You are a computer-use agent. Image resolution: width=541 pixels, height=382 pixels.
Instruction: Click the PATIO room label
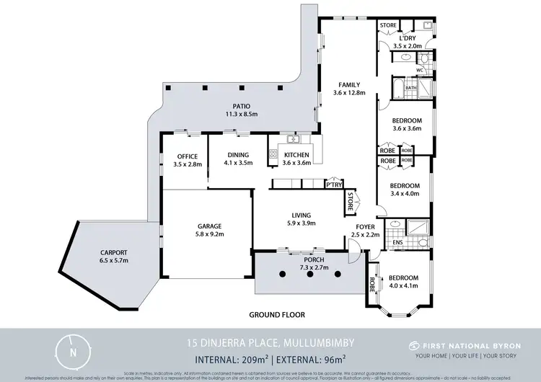(x=232, y=107)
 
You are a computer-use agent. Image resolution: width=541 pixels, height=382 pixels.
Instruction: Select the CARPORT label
(x=114, y=252)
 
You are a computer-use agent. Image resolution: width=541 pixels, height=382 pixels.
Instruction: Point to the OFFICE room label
(x=186, y=156)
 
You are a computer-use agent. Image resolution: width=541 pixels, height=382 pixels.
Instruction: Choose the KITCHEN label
(x=296, y=155)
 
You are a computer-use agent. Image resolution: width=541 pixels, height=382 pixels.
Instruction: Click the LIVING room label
(x=300, y=215)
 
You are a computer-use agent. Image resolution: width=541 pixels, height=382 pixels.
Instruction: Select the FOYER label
(x=365, y=226)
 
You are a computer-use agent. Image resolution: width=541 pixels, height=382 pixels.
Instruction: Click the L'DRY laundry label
(x=409, y=37)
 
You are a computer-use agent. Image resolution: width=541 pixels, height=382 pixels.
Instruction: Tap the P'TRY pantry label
(x=333, y=184)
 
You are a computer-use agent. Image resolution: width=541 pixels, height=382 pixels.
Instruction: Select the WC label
(x=419, y=70)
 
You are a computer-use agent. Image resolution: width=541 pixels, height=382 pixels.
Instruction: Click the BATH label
(x=411, y=88)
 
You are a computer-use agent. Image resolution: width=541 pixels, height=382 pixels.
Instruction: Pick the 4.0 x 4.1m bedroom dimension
(x=403, y=286)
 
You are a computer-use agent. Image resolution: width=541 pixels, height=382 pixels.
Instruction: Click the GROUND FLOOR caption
(x=277, y=315)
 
